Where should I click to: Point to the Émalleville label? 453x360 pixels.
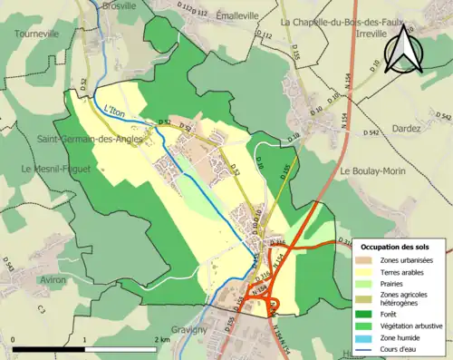[x=238, y=15]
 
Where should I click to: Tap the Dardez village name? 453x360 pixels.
[x=407, y=130]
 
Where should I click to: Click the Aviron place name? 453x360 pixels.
[x=52, y=280]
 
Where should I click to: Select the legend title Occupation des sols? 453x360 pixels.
[x=401, y=247]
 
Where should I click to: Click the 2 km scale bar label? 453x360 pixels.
[x=161, y=339]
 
